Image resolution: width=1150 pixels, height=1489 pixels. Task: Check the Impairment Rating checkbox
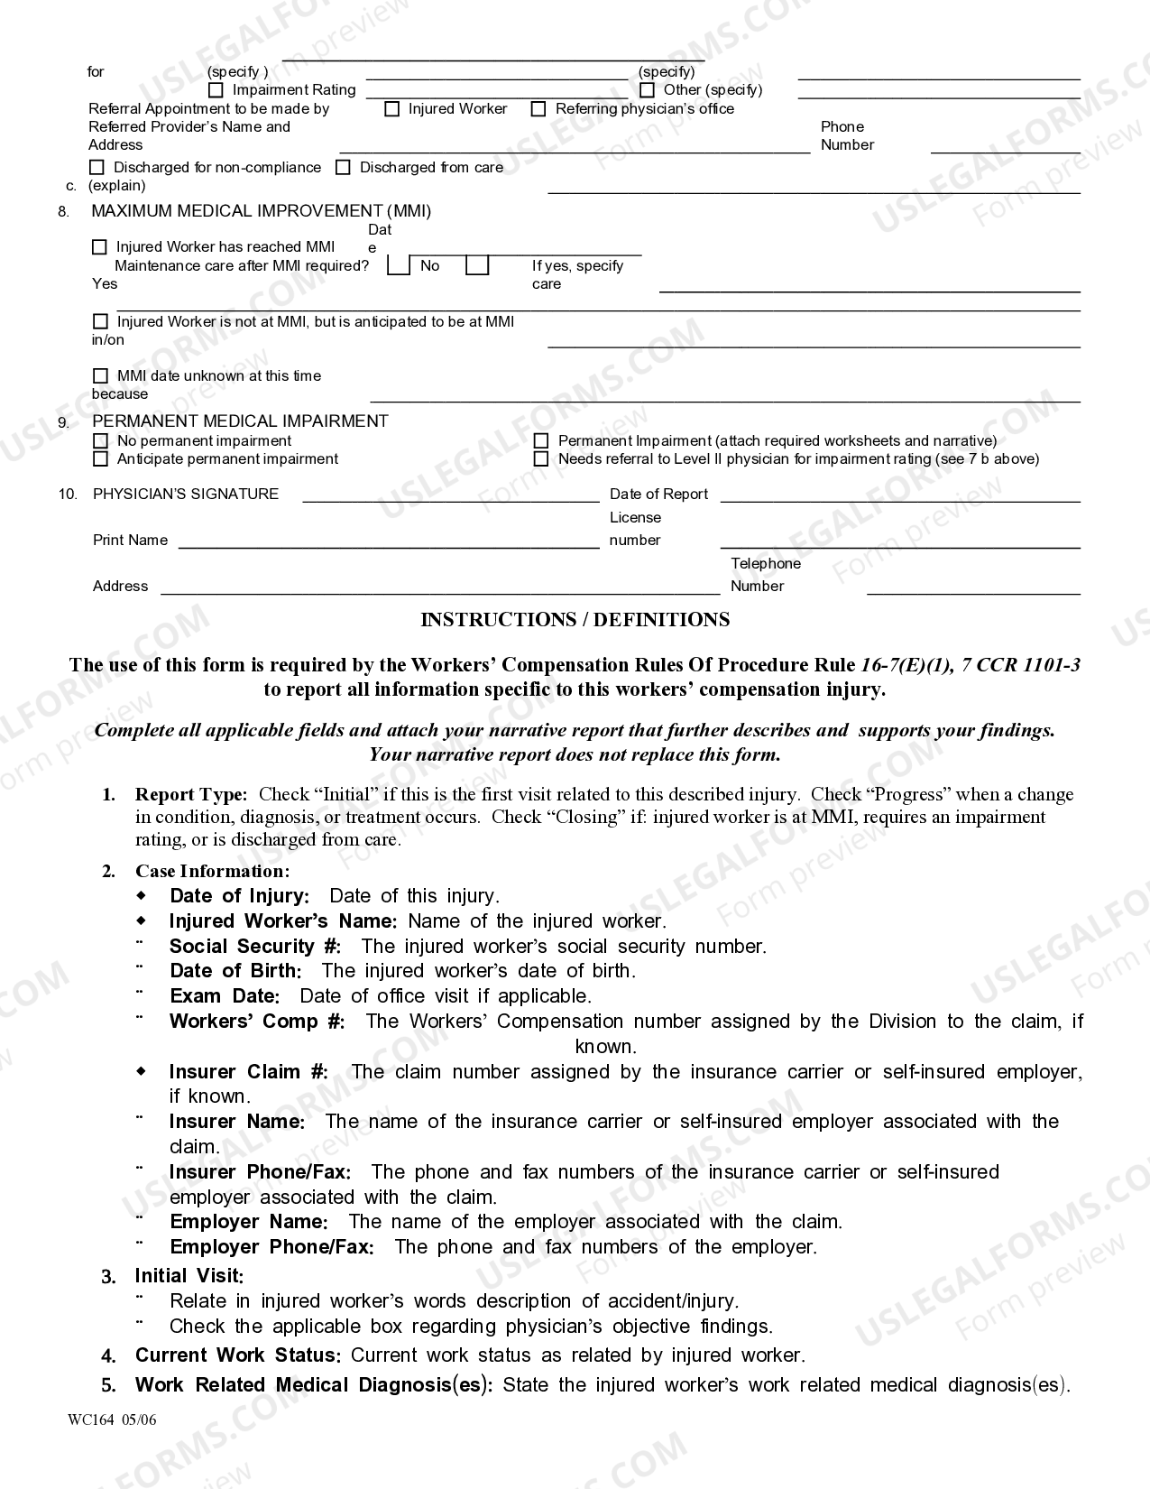click(x=216, y=90)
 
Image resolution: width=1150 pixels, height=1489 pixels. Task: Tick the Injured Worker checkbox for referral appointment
click(x=391, y=109)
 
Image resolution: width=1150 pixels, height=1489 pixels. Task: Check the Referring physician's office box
click(x=538, y=109)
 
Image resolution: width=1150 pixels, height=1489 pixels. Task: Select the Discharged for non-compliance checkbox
click(x=97, y=168)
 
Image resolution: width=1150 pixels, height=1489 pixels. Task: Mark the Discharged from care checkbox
click(x=343, y=168)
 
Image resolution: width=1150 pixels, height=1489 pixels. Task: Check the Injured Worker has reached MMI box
click(x=100, y=247)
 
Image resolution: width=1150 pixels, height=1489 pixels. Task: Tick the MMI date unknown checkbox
click(x=100, y=376)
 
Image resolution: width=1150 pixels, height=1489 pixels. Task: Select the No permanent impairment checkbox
click(x=100, y=441)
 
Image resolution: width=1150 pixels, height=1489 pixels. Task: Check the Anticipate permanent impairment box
click(x=100, y=459)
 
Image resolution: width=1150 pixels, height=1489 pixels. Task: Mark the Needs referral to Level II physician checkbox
click(x=541, y=459)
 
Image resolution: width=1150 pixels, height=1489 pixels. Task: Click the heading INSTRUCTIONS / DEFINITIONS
click(x=575, y=620)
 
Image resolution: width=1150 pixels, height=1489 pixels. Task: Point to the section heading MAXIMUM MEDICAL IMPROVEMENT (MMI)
click(x=261, y=211)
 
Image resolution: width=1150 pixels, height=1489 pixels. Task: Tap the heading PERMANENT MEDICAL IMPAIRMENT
click(x=240, y=421)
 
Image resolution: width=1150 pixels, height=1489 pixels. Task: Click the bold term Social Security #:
click(x=255, y=947)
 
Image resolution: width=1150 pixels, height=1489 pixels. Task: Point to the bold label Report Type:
click(x=190, y=795)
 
